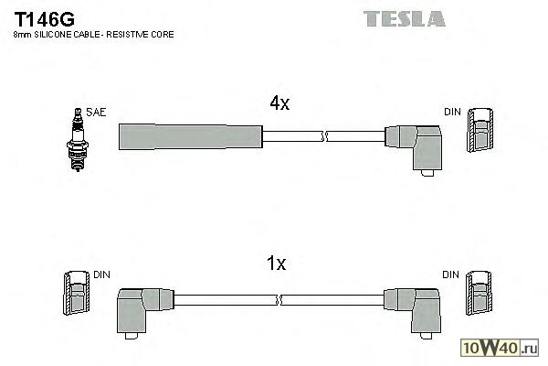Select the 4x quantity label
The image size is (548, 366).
[x=278, y=103]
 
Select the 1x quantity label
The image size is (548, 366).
[x=276, y=264]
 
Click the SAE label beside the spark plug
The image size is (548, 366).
[x=98, y=112]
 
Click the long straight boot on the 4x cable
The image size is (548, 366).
[x=190, y=136]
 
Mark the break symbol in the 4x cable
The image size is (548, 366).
[x=323, y=136]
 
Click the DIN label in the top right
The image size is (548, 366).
[x=452, y=112]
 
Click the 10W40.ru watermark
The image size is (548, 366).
[x=505, y=348]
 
